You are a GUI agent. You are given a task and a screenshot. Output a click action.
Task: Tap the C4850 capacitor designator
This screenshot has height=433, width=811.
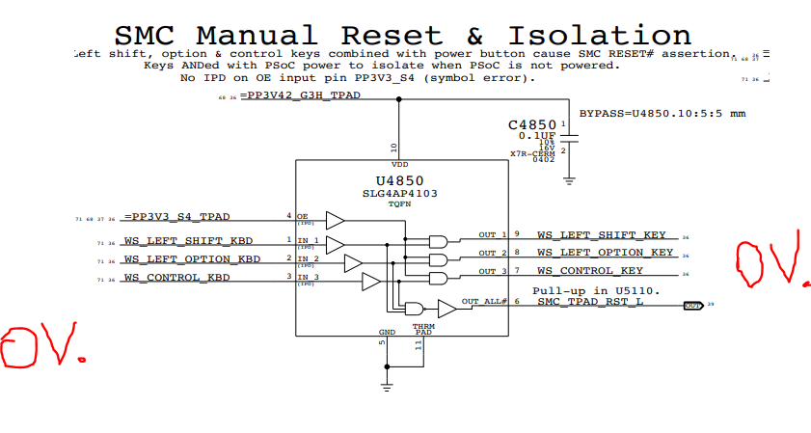pos(532,124)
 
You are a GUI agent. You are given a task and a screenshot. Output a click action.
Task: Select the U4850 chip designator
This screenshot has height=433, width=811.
pos(400,180)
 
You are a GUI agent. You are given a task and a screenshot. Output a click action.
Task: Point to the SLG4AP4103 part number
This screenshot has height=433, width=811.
pos(400,193)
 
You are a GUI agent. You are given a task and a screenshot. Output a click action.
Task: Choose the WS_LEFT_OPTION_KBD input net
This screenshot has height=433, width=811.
pos(192,260)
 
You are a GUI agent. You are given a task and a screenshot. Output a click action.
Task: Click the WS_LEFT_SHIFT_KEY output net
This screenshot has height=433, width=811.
pos(602,234)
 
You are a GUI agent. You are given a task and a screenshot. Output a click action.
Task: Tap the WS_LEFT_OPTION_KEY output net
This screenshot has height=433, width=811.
pos(606,253)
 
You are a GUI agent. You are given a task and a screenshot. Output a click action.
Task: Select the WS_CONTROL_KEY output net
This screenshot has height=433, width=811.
pos(590,271)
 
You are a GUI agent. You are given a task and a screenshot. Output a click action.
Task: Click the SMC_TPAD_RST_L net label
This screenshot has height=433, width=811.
pos(591,302)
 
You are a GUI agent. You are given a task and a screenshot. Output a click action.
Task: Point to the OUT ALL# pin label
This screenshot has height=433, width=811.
pos(484,302)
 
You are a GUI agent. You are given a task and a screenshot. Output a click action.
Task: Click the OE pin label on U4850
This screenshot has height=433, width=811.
pos(302,216)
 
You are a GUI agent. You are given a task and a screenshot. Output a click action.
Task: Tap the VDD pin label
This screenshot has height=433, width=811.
pos(398,165)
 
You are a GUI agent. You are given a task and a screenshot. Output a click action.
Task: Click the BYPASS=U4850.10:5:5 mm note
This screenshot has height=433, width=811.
pos(662,114)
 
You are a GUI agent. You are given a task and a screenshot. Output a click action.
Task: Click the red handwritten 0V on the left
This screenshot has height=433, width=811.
pos(41,346)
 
